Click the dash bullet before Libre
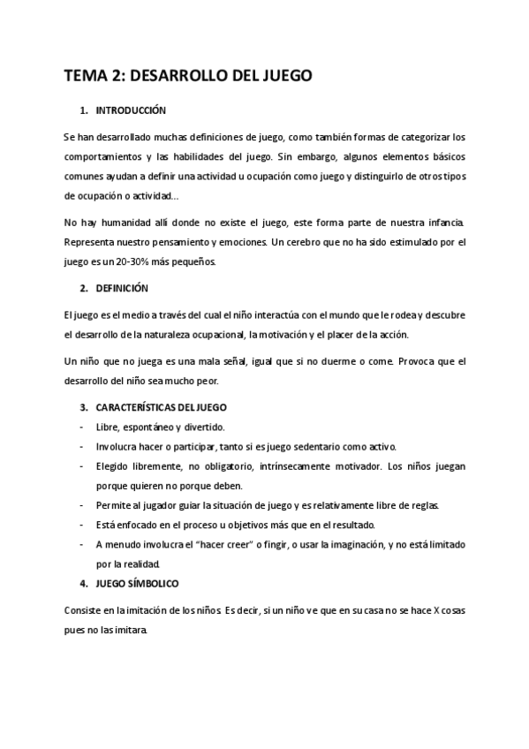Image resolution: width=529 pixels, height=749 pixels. tap(82, 427)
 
